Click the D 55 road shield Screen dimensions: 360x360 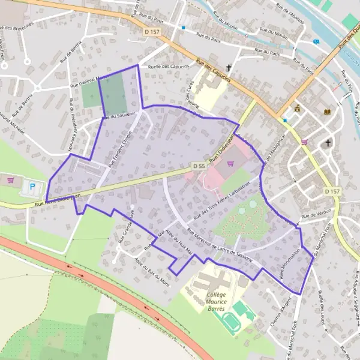pyautogui.click(x=199, y=165)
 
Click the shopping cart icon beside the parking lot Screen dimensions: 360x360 pyautogui.click(x=10, y=179)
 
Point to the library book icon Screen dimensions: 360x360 pyautogui.click(x=327, y=112)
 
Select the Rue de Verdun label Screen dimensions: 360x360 pyautogui.click(x=316, y=215)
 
